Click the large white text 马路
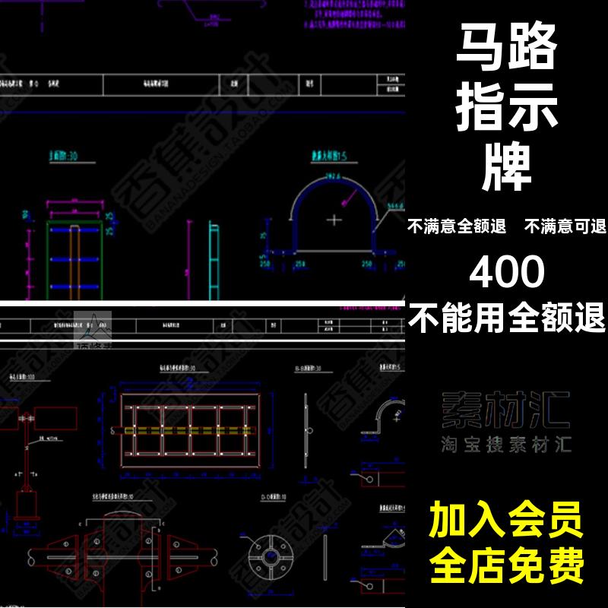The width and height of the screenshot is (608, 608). (x=506, y=52)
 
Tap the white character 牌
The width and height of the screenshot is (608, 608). (x=507, y=169)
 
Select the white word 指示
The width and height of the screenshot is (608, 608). (x=506, y=111)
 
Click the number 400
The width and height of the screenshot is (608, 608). (x=507, y=271)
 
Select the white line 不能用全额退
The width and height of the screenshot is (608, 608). (x=507, y=316)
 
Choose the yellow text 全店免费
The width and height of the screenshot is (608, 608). (x=506, y=565)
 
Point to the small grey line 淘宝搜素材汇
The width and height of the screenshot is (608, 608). (x=506, y=445)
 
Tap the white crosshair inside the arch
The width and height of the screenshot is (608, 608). (x=334, y=220)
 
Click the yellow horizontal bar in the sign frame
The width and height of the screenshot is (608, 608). (x=190, y=430)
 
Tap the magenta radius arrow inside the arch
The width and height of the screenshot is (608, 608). (x=351, y=197)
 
